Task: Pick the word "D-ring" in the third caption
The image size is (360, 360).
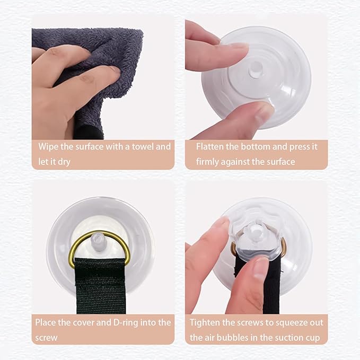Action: coord(126,323)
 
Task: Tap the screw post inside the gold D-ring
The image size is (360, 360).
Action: coord(96,240)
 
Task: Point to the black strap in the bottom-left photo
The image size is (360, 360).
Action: coord(100,285)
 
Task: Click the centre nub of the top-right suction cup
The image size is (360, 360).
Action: coord(256,69)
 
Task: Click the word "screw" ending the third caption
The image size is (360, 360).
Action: coord(46,338)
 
